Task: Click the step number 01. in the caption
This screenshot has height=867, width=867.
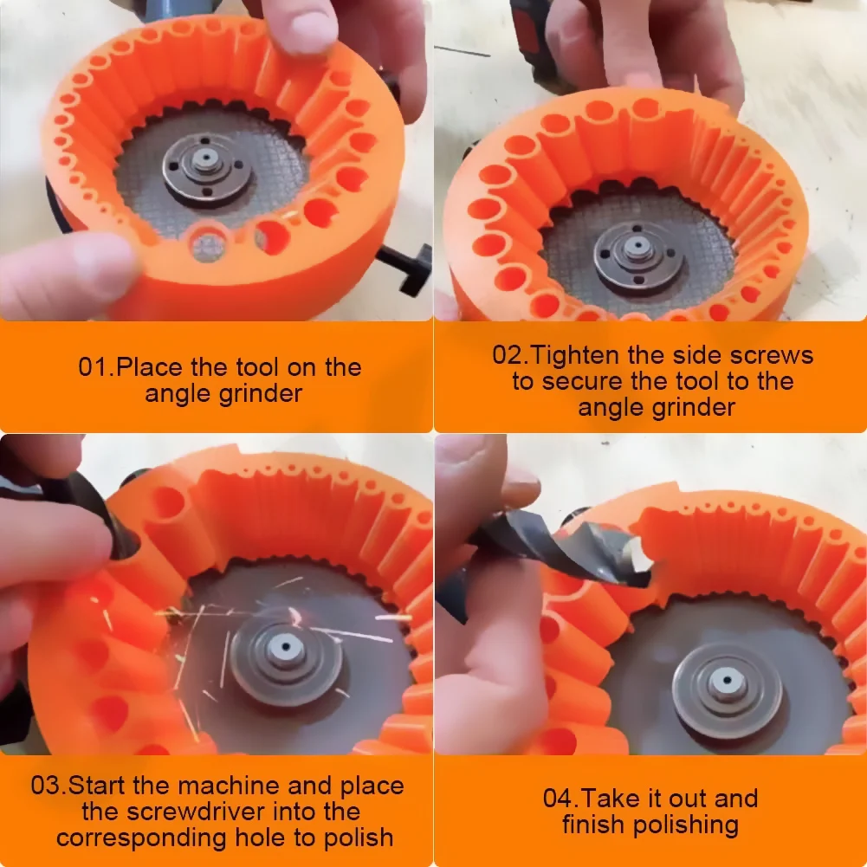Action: tap(95, 367)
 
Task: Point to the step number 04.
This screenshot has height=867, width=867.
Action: tap(562, 799)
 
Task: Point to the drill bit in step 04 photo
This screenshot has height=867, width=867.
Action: tap(537, 554)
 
